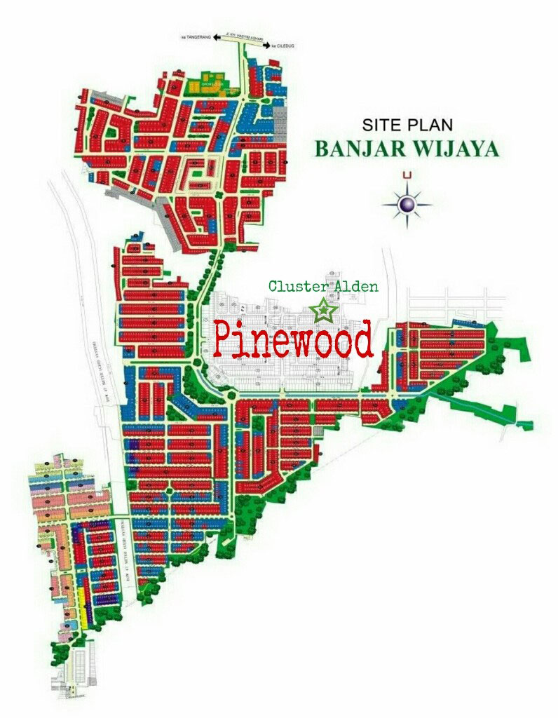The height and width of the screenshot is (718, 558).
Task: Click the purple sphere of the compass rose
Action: pos(407,204)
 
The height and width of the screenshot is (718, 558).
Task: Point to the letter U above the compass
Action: pos(407,175)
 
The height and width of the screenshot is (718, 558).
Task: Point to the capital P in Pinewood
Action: pos(226,339)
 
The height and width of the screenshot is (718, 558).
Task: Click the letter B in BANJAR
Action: pos(322,149)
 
